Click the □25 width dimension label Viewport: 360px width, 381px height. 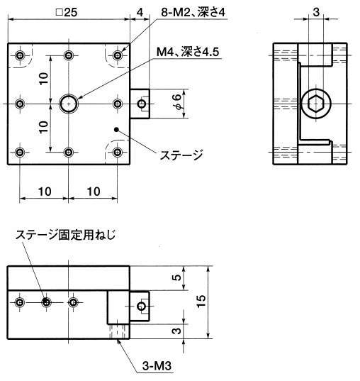click(67, 12)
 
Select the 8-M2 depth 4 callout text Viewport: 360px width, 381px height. click(193, 12)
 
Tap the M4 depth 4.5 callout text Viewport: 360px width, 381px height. click(188, 52)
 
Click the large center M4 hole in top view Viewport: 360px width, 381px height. click(69, 104)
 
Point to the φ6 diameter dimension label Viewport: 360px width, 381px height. click(177, 103)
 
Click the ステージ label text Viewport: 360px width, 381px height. click(181, 155)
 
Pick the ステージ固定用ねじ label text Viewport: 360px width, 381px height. click(65, 235)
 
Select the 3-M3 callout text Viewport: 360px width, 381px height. click(157, 365)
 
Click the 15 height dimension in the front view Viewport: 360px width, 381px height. click(201, 302)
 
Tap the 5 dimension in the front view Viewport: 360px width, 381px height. click(177, 277)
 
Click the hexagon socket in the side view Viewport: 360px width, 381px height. click(316, 104)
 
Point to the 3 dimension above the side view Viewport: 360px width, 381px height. click(316, 11)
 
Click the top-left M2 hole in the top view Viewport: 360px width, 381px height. click(20, 55)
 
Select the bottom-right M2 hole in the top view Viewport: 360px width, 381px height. click(118, 153)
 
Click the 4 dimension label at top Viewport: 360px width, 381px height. click(140, 12)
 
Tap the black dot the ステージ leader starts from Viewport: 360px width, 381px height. click(116, 130)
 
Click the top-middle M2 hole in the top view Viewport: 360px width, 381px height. click(69, 55)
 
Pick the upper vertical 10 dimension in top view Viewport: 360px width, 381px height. click(44, 79)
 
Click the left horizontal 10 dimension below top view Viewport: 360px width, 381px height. click(45, 192)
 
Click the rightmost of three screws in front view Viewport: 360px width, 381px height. click(73, 302)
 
